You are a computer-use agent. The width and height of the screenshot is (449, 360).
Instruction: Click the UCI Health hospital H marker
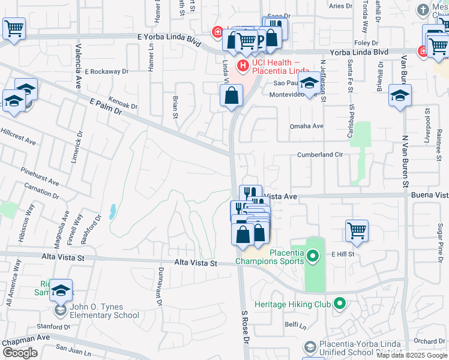point(243,65)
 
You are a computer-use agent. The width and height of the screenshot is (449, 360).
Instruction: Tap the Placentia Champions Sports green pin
point(312,257)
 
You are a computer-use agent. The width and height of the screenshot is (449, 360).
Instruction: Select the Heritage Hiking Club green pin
point(339,304)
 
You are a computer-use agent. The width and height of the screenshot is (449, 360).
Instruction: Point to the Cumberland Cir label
point(320,155)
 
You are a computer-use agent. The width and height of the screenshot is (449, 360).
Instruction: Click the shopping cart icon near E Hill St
point(357,230)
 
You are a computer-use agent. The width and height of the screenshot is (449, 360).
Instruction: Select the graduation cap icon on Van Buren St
point(400,95)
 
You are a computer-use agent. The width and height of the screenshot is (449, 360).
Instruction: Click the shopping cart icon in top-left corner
point(14,28)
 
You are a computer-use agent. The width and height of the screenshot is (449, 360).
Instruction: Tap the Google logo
point(20,353)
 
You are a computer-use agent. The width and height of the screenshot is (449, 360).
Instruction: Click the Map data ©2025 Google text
point(412,355)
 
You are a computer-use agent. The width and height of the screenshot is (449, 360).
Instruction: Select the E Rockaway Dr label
point(107,71)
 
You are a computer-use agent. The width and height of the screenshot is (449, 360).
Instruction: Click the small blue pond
point(113,211)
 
